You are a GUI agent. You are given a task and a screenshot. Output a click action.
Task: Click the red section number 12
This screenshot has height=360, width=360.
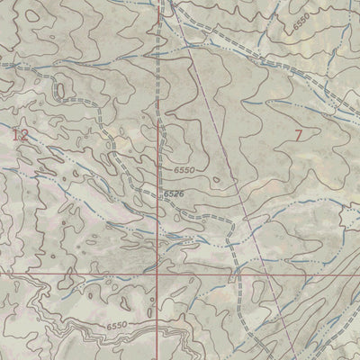coord(21,135)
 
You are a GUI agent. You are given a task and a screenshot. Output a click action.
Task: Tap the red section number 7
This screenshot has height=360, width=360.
coord(298,136)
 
